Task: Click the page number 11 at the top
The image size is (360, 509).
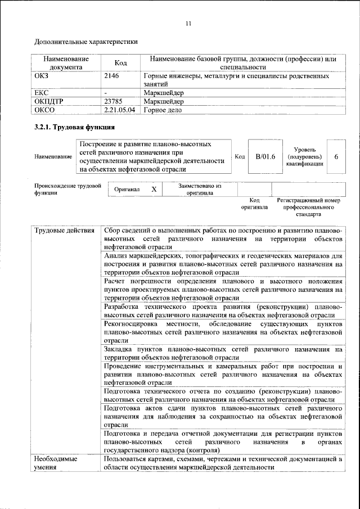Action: click(x=188, y=23)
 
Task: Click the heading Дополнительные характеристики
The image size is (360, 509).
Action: click(x=85, y=42)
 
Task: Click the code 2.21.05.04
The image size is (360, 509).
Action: click(x=120, y=110)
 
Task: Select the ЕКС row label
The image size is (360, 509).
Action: click(x=42, y=92)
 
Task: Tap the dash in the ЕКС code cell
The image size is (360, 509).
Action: click(x=106, y=92)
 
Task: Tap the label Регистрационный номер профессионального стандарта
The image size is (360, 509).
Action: click(x=309, y=207)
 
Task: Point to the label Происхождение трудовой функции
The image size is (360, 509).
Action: click(x=67, y=188)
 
